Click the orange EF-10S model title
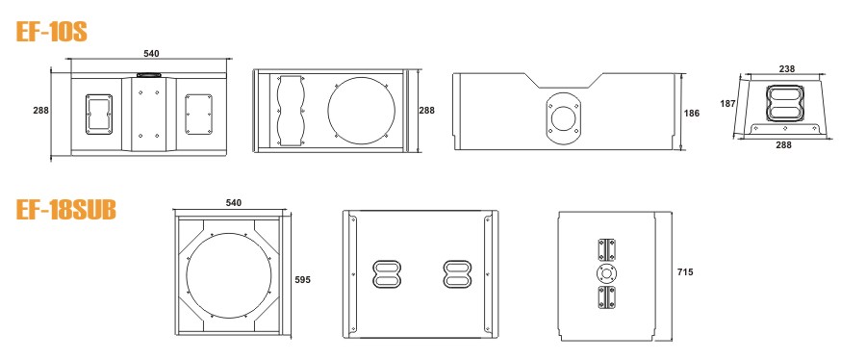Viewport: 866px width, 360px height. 51,32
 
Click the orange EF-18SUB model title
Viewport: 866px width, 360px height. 65,210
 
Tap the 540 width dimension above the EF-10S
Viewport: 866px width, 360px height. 151,54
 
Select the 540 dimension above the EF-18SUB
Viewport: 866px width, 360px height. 234,203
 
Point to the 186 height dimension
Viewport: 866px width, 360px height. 692,114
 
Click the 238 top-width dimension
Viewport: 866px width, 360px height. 787,69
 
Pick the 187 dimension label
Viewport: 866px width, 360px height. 728,103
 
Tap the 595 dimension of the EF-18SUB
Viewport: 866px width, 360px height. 303,280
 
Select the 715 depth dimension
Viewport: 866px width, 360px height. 685,271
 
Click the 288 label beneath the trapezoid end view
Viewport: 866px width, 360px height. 783,145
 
